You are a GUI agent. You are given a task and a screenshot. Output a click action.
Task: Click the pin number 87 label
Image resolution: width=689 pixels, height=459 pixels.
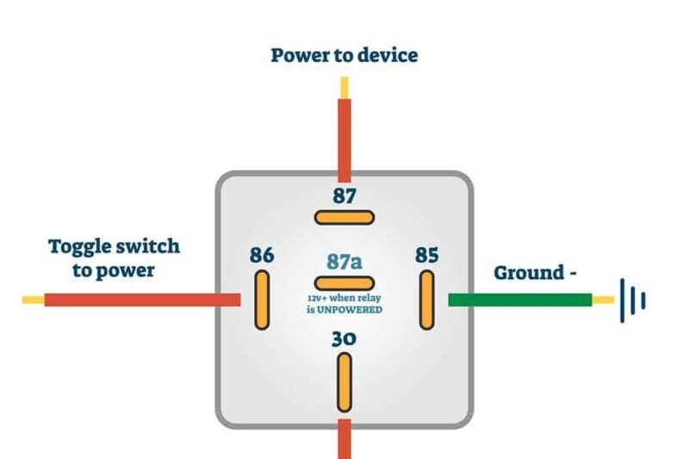(344, 195)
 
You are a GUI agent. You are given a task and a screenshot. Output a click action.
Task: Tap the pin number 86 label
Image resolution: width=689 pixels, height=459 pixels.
(262, 255)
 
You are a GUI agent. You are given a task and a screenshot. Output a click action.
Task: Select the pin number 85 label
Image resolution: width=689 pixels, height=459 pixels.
(426, 255)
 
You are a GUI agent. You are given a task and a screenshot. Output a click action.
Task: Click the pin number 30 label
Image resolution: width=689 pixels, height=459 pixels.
(344, 338)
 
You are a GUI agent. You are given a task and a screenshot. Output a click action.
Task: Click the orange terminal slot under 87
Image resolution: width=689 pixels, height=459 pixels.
(344, 217)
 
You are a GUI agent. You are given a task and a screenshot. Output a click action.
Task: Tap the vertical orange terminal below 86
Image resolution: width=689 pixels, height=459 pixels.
(262, 299)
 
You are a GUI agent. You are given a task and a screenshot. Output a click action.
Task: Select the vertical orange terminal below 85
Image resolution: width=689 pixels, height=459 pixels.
(426, 299)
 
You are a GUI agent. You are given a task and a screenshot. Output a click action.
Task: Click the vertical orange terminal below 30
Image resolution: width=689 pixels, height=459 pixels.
(344, 381)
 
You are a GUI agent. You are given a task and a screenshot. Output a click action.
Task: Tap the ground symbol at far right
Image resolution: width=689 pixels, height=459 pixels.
(632, 301)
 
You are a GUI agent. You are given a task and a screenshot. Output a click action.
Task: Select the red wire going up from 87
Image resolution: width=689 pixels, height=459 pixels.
(344, 138)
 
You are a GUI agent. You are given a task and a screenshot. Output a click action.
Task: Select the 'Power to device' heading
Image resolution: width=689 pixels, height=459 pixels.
(344, 56)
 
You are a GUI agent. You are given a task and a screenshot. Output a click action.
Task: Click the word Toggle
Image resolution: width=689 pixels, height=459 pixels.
(78, 246)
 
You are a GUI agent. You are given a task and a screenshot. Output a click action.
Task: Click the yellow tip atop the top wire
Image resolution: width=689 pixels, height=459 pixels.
(344, 87)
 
